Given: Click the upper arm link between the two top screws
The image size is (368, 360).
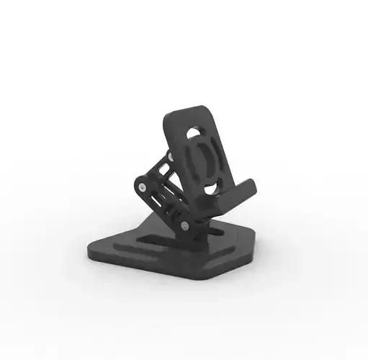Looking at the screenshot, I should (x=158, y=170).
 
